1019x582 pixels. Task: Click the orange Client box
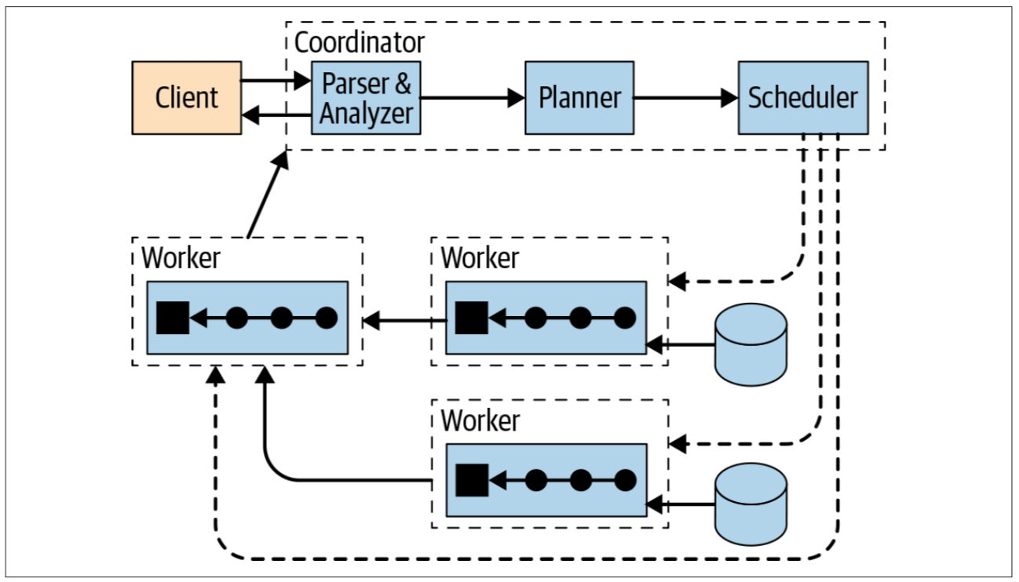pyautogui.click(x=186, y=98)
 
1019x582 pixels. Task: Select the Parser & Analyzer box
pyautogui.click(x=366, y=98)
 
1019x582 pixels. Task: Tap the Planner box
pyautogui.click(x=579, y=98)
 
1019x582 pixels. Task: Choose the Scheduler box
pyautogui.click(x=802, y=98)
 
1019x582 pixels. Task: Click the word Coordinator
pyautogui.click(x=359, y=42)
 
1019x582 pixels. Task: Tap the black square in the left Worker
pyautogui.click(x=173, y=318)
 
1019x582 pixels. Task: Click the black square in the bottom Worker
pyautogui.click(x=472, y=479)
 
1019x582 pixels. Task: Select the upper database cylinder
pyautogui.click(x=751, y=345)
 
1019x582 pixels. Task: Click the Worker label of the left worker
pyautogui.click(x=181, y=258)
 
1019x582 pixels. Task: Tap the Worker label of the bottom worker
pyautogui.click(x=480, y=420)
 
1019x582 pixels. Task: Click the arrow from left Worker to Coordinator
pyautogui.click(x=265, y=196)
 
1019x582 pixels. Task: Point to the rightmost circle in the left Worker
pyautogui.click(x=326, y=318)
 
